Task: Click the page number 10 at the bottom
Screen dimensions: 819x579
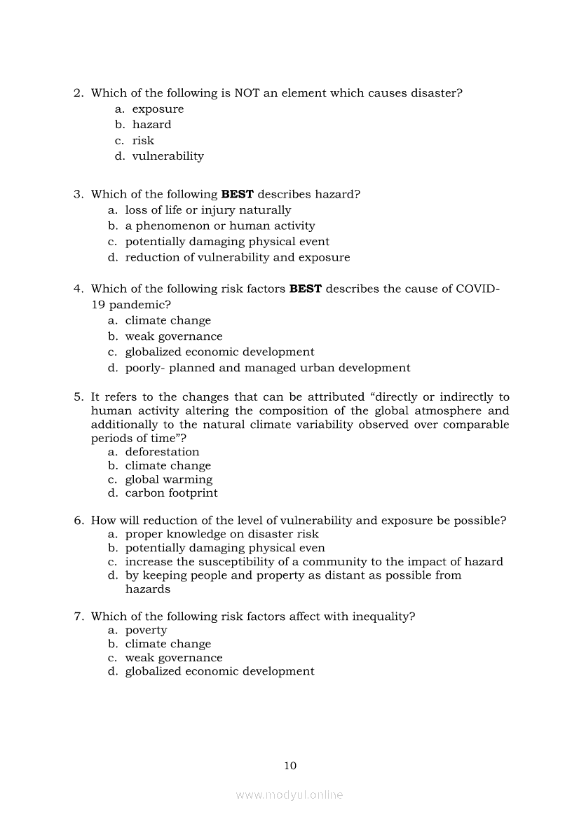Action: coord(290,766)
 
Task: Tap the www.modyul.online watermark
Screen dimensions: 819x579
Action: coord(289,794)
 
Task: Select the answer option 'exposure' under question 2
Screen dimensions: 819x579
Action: coord(158,109)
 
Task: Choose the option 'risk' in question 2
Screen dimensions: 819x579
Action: coord(143,141)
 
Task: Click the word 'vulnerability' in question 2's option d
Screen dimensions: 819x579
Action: coord(168,156)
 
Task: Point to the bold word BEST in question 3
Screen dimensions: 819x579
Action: coord(237,194)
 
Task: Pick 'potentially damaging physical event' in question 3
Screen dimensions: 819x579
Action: coord(227,242)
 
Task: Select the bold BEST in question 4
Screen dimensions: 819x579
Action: coord(305,289)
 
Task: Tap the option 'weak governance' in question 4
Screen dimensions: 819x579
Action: coord(174,336)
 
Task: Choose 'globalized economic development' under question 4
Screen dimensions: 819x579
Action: coord(219,352)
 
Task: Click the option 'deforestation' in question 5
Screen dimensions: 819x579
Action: coord(162,452)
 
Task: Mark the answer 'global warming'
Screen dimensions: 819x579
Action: coord(168,480)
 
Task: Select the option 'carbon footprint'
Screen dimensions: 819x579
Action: coord(171,493)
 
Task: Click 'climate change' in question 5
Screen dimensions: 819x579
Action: coord(168,466)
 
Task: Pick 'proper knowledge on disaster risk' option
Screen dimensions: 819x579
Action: coord(222,535)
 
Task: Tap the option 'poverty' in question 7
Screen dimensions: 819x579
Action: coord(146,631)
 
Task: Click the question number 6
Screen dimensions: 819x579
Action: coord(79,521)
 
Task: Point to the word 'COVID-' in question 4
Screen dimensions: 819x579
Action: coord(478,289)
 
